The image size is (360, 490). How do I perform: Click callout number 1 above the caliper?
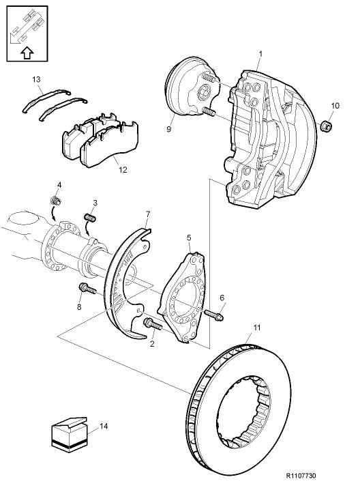(x=260, y=53)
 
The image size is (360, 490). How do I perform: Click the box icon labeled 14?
(x=68, y=435)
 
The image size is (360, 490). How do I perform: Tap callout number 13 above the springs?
(x=37, y=80)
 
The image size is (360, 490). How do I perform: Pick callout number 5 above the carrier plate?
(x=189, y=237)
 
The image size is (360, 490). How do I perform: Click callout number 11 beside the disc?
(x=256, y=328)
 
